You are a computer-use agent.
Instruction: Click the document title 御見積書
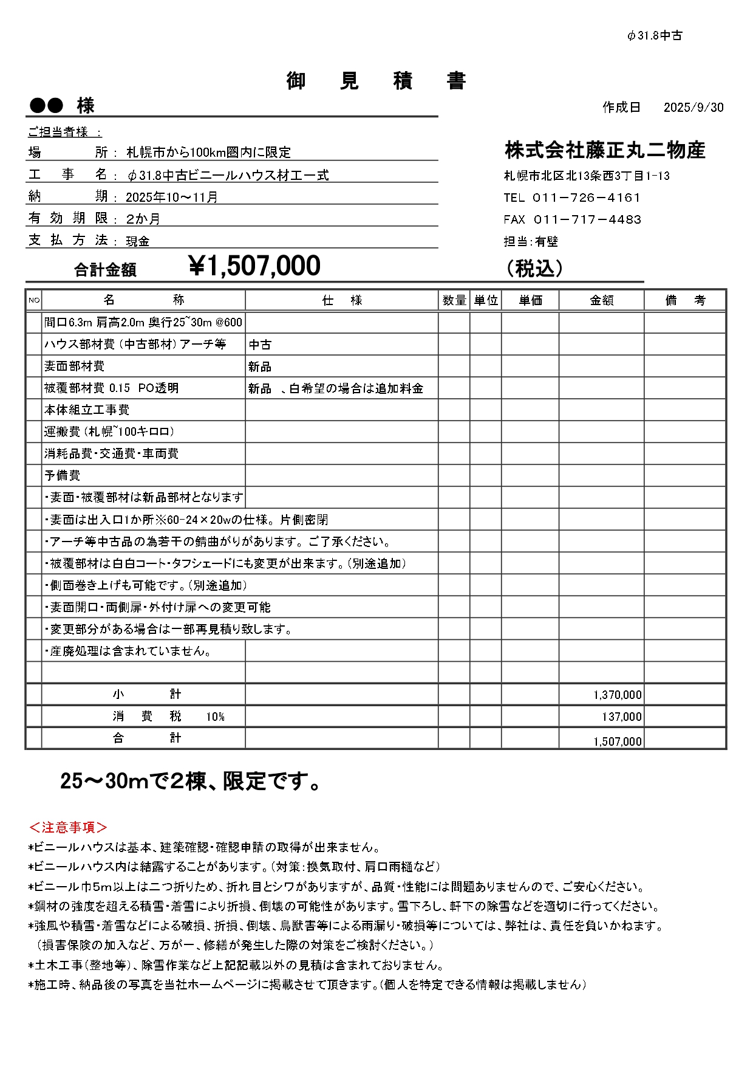pos(376,80)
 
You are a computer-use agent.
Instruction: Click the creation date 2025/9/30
pos(693,108)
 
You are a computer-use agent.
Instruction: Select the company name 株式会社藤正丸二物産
pos(605,150)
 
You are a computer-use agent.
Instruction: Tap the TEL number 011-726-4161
pos(585,198)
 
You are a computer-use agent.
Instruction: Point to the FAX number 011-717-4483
pos(587,219)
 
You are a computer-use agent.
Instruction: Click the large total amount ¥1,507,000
pos(255,266)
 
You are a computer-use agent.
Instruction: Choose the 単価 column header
pos(530,300)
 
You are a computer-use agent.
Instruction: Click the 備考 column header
pos(685,300)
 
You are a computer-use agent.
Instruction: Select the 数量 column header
pos(454,300)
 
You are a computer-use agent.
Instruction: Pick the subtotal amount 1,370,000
pos(617,695)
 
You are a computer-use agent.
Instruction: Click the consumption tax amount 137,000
pos(621,717)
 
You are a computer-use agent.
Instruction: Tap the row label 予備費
pos(62,475)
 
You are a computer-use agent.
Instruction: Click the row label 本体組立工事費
pos(87,410)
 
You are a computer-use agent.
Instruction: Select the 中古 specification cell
pos(260,345)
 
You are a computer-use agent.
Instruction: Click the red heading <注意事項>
pos(68,827)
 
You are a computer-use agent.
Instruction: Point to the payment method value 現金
pos(138,241)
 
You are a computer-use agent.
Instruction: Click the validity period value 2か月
pos(143,219)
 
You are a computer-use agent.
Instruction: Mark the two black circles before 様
pos(46,106)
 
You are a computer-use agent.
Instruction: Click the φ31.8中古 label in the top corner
pos(655,36)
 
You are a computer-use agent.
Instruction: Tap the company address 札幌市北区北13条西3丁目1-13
pos(587,176)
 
